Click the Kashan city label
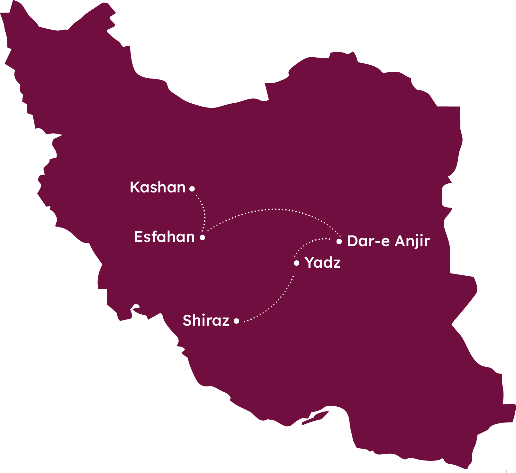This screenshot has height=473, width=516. tap(158, 187)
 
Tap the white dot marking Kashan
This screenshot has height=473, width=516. tap(192, 189)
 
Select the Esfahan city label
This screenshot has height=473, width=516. tap(164, 237)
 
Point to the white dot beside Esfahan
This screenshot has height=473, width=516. tap(202, 237)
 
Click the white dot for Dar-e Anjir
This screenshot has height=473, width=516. tap(339, 241)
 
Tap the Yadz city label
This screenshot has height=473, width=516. tap(322, 263)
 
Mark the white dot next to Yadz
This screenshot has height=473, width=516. tap(296, 263)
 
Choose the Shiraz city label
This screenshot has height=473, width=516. tap(206, 320)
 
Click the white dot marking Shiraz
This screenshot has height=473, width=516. tap(236, 321)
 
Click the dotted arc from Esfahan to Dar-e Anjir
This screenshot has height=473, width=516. tap(273, 209)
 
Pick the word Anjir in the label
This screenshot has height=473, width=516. tap(412, 241)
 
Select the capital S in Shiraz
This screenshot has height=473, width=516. tap(187, 320)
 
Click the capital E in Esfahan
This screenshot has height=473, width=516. tap(139, 237)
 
